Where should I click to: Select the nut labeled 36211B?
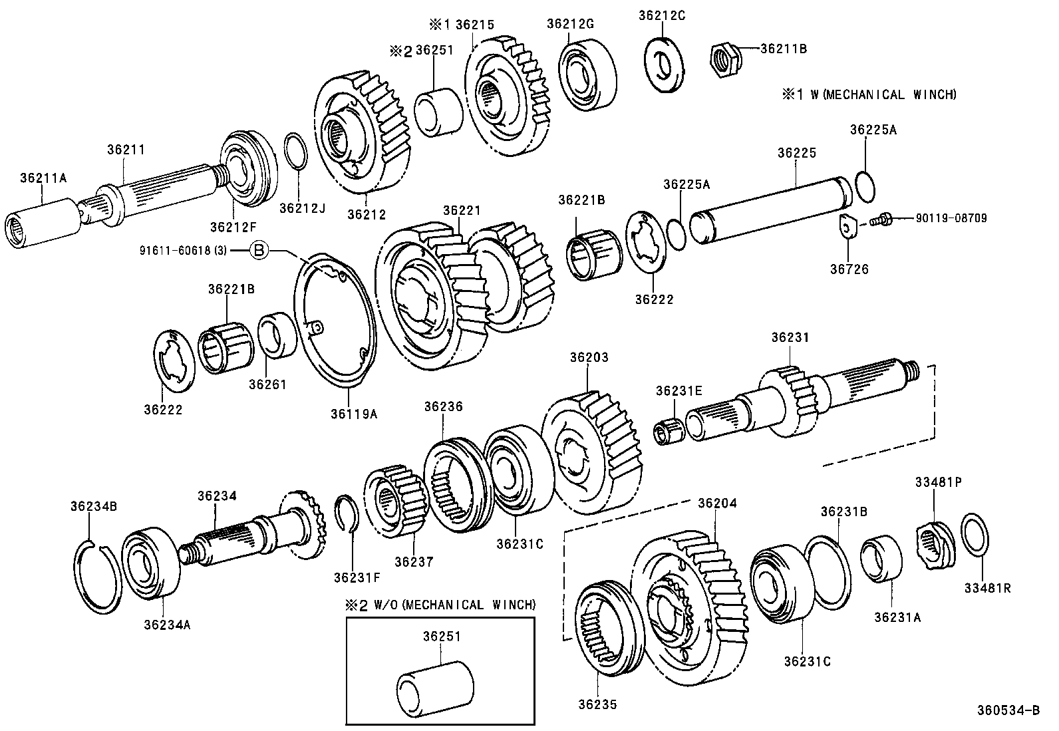724,59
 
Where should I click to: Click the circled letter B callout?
259,250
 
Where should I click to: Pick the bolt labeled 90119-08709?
880,219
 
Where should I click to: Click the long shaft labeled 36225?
772,209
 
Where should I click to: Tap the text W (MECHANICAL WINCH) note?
871,94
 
